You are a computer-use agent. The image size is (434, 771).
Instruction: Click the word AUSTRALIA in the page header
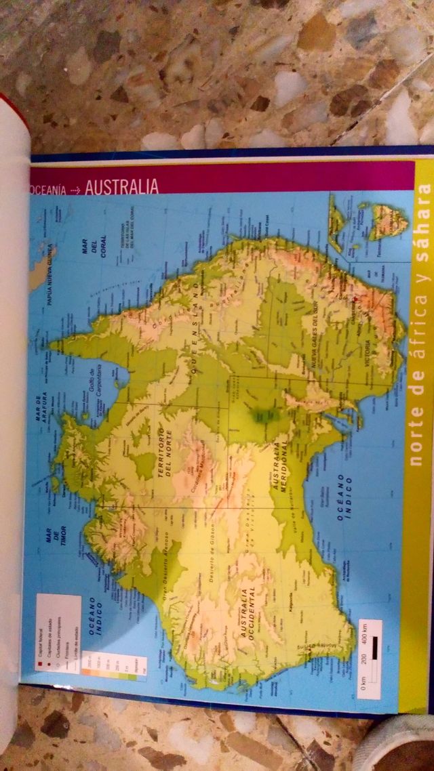pyautogui.click(x=122, y=186)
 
